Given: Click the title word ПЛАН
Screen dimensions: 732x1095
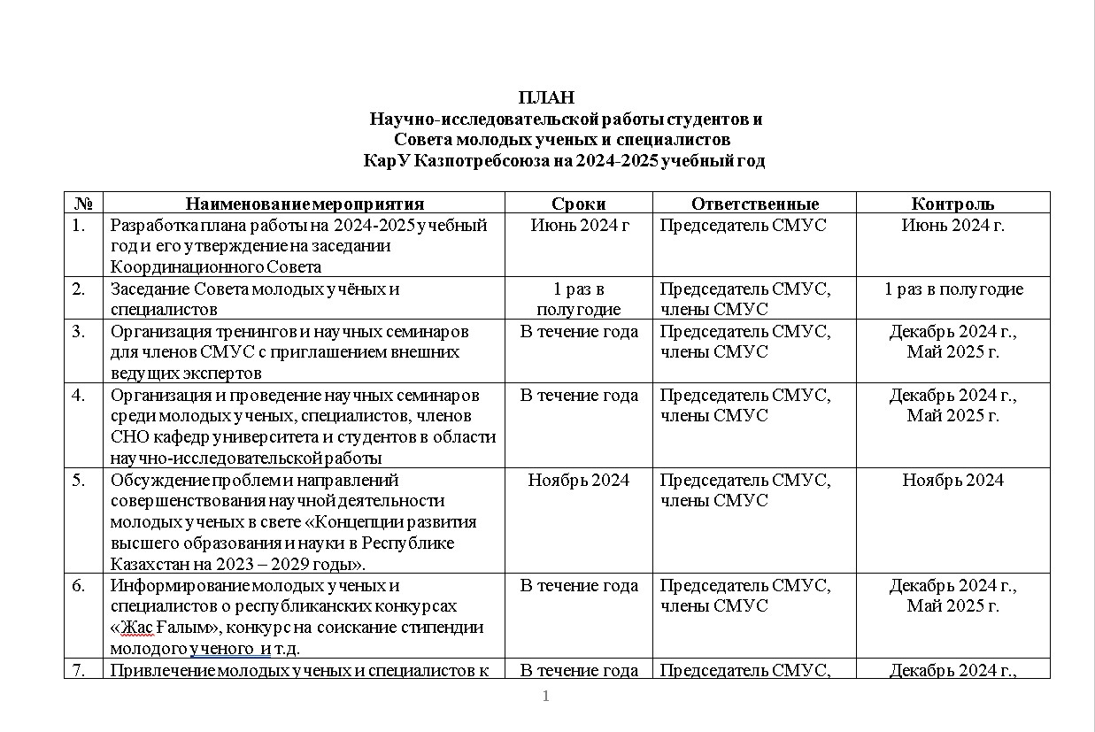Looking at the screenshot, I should tap(546, 97).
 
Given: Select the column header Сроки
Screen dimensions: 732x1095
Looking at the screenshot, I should tap(578, 204).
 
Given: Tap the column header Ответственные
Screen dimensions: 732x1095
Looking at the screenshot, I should tap(754, 204).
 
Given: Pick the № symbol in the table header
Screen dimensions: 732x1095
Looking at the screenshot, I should tap(84, 204).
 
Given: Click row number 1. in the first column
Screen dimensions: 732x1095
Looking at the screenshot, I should tap(80, 226).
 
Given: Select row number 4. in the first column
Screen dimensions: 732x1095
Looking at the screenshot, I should tap(80, 396).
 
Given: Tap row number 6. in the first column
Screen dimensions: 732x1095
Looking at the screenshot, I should tap(80, 586).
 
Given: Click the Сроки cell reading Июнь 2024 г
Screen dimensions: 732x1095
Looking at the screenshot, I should tap(579, 226).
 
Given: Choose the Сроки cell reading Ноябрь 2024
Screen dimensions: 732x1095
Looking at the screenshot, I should tap(578, 481).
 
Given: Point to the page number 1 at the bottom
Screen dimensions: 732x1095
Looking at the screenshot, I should tap(546, 697).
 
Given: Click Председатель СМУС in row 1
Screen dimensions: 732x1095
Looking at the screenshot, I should tap(743, 226).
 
